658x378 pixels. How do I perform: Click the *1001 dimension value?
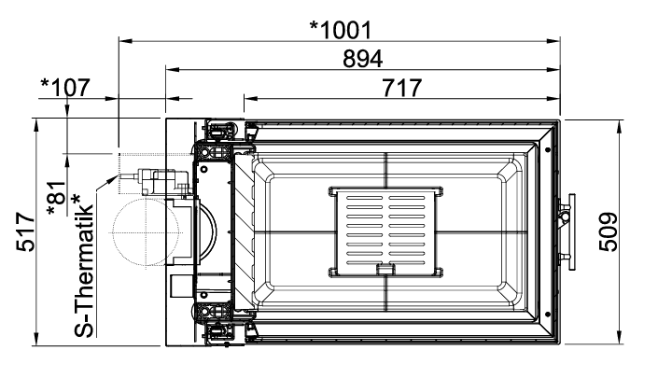[341, 30]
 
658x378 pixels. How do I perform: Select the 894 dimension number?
[362, 59]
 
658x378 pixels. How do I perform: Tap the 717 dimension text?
[401, 88]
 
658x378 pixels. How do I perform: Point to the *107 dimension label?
[65, 87]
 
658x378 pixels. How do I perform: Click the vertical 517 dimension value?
[25, 232]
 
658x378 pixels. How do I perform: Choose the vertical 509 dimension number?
[608, 232]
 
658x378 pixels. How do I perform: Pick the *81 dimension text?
[58, 199]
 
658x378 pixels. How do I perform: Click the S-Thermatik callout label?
[83, 266]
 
